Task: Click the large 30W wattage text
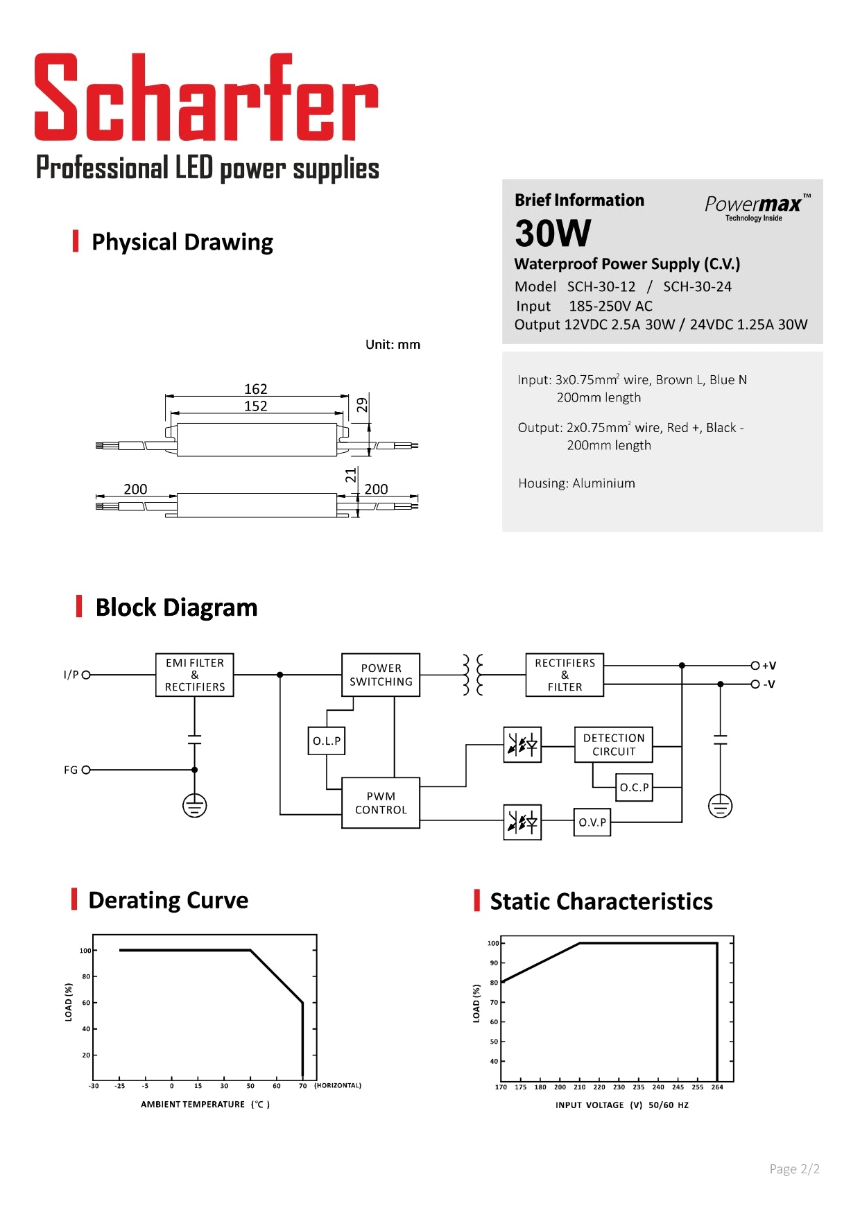[x=553, y=233]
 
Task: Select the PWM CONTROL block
[x=381, y=803]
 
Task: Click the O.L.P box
[x=326, y=741]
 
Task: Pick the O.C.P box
[x=634, y=788]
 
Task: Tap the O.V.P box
[x=592, y=822]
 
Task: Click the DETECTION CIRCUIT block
[x=613, y=745]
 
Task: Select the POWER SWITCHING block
[x=381, y=675]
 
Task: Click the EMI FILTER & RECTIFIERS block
[x=195, y=675]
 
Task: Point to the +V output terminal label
[x=768, y=666]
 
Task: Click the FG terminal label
[x=71, y=770]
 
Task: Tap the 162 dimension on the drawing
[x=255, y=389]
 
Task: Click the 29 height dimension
[x=363, y=405]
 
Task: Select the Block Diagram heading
[x=176, y=607]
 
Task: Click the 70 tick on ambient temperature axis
[x=302, y=1086]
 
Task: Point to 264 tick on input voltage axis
[x=717, y=1087]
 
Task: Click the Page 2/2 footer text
[x=794, y=1169]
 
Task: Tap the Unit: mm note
[x=393, y=345]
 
